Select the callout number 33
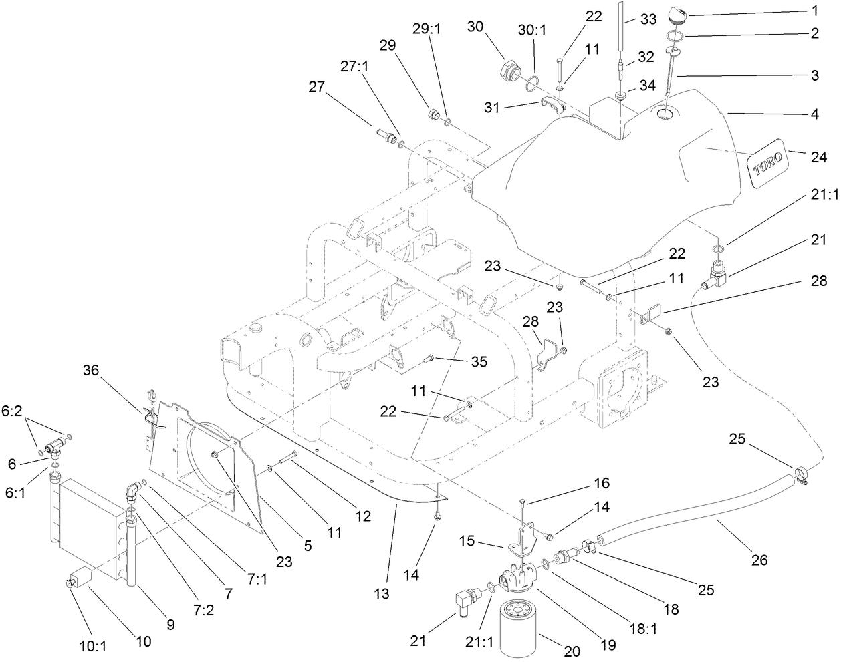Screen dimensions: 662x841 [648, 20]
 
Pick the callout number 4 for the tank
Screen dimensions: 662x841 [814, 114]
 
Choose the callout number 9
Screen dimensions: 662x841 [170, 625]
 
